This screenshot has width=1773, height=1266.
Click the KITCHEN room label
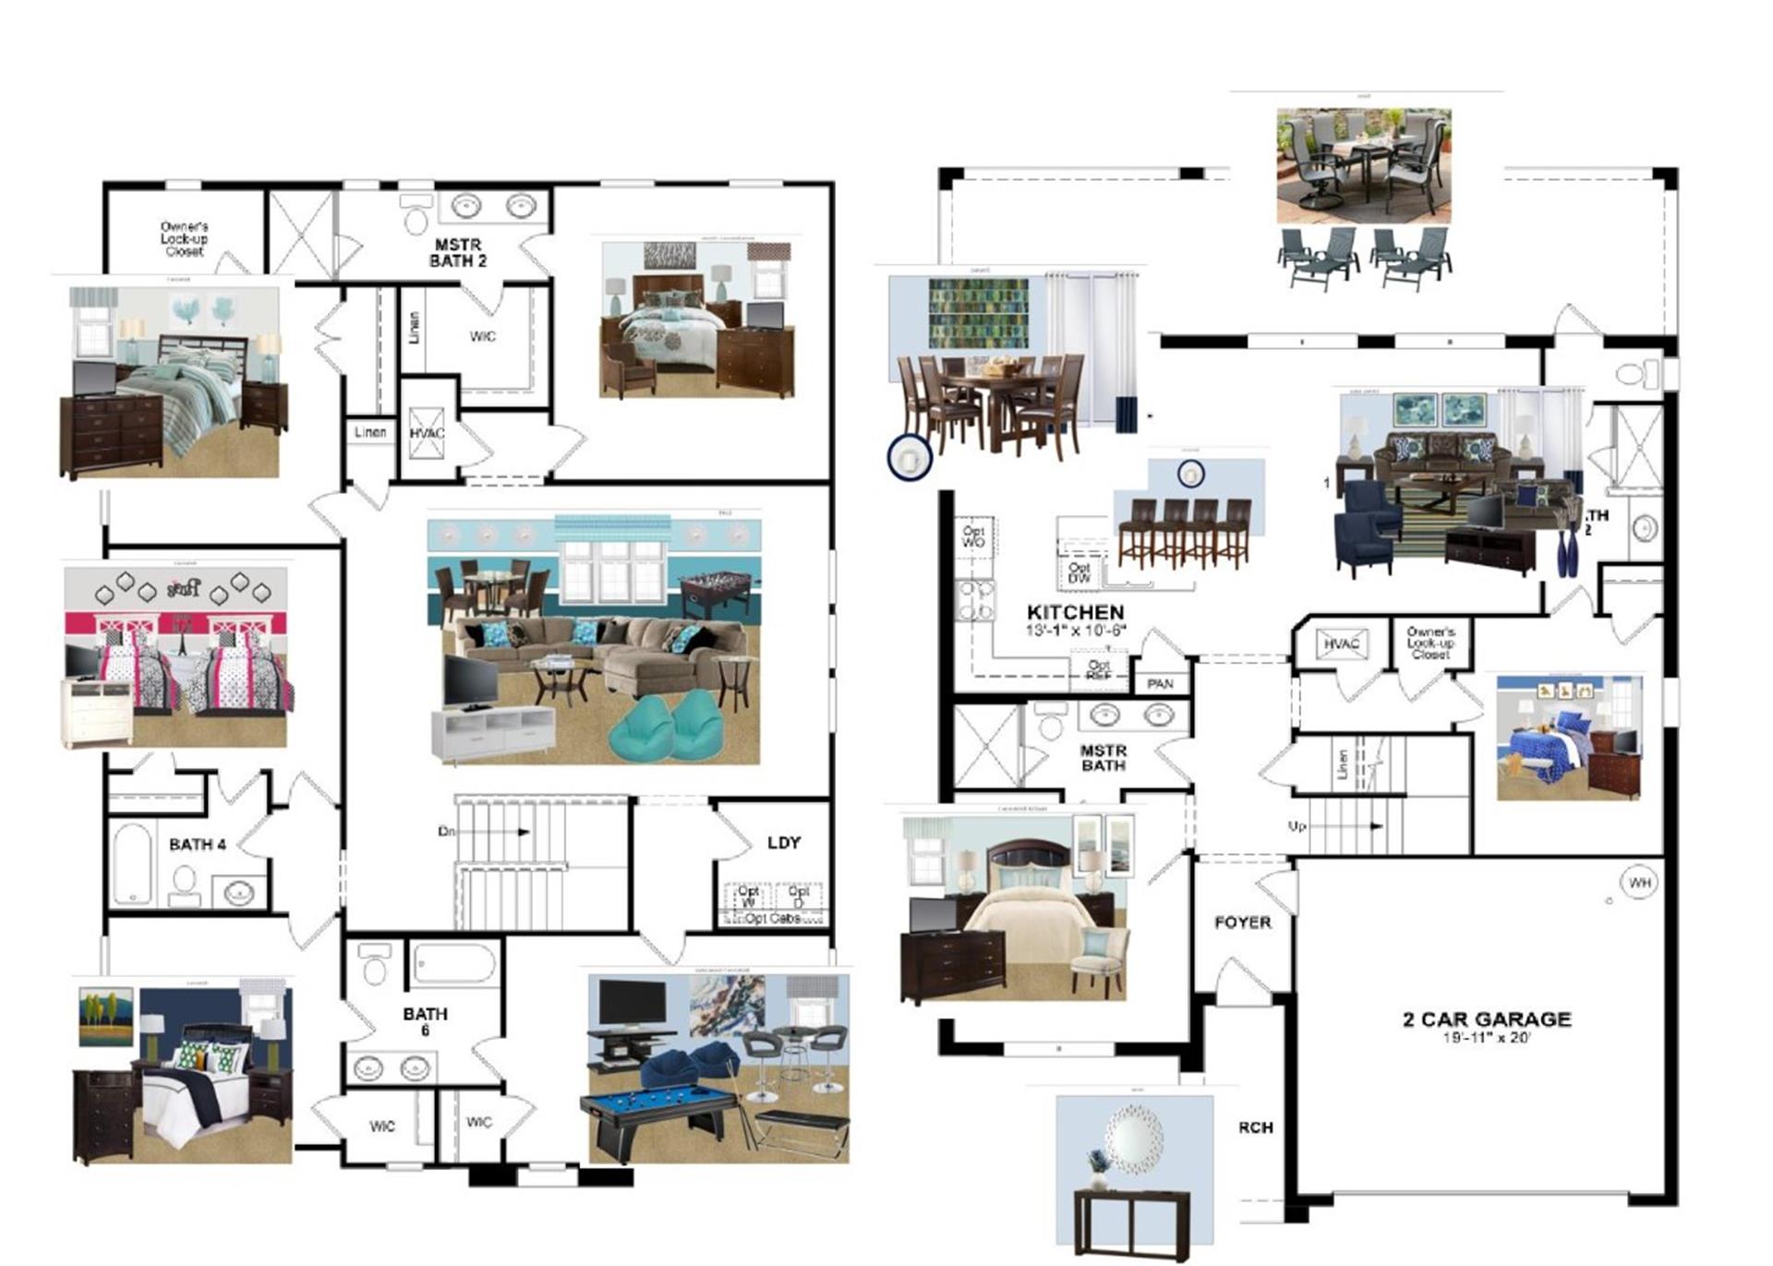1075,612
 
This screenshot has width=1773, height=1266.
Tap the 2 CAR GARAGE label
1487,1019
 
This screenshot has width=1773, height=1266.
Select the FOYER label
1242,922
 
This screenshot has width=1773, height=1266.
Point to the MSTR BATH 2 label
458,253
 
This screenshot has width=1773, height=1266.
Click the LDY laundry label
783,842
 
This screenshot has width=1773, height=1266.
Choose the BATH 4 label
197,844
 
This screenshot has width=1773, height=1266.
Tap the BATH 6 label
425,1020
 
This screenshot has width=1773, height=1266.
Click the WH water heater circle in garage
1639,883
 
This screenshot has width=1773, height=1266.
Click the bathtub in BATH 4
132,863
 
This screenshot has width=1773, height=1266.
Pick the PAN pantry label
1160,683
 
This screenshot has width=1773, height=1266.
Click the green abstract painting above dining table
978,314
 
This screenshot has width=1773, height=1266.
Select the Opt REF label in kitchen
1098,669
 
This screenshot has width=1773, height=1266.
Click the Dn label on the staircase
447,831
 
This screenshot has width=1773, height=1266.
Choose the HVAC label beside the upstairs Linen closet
427,433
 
